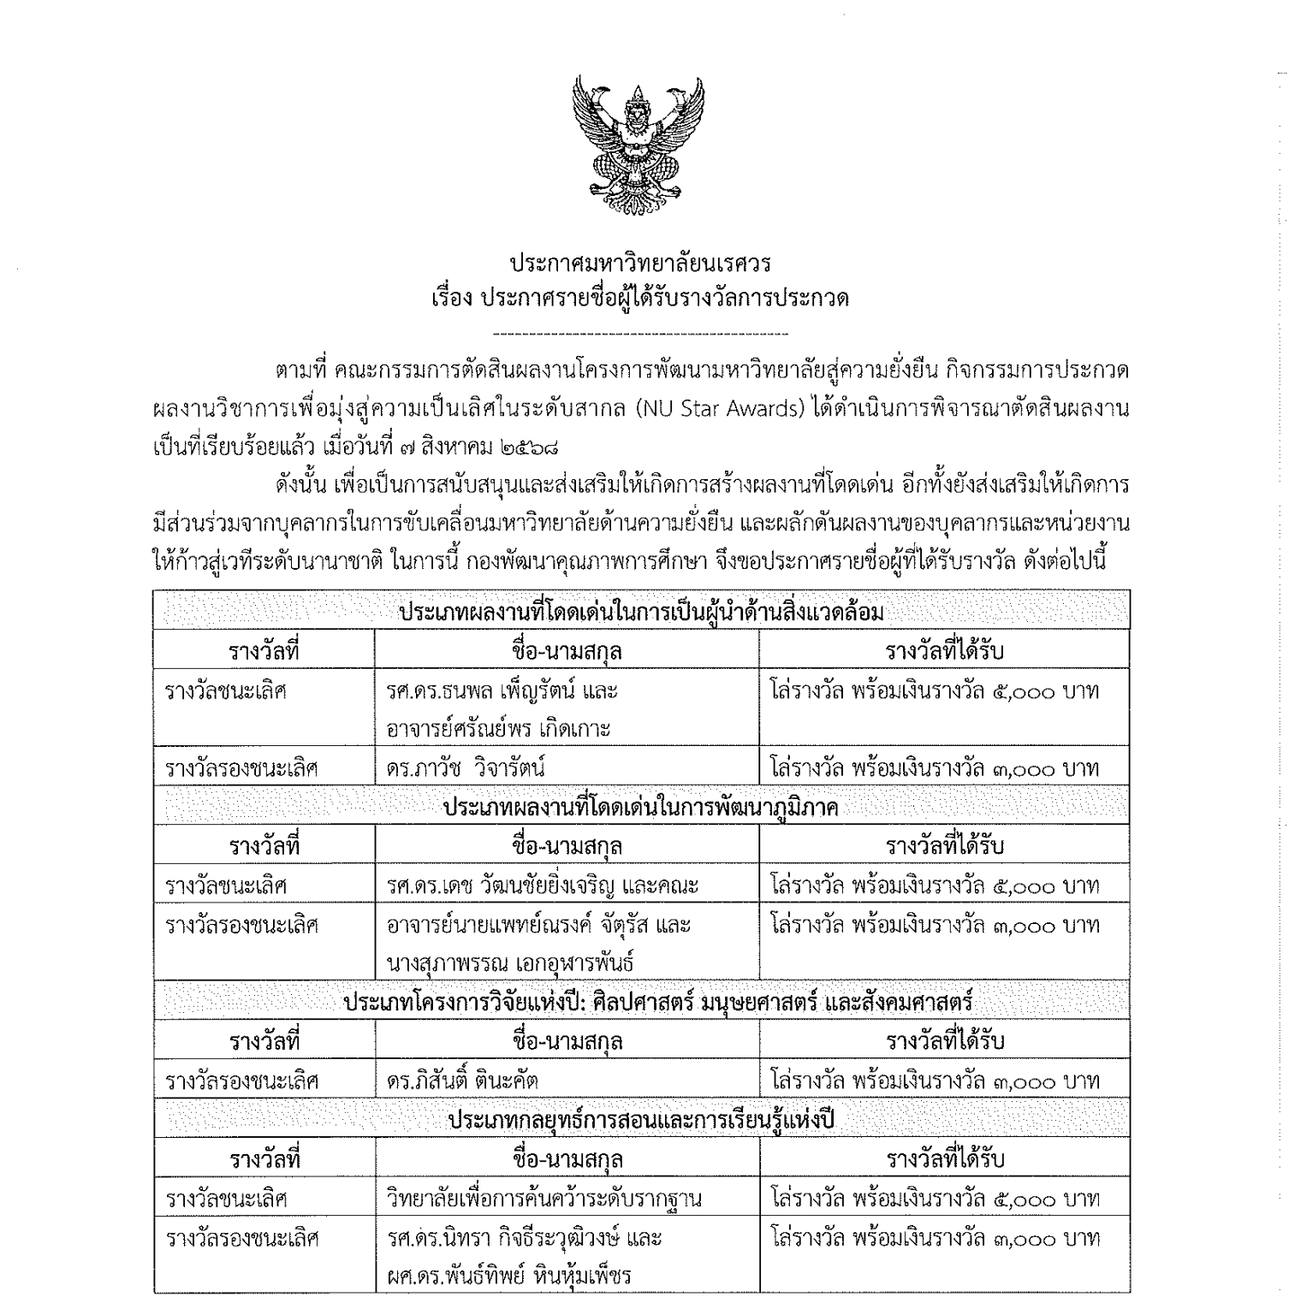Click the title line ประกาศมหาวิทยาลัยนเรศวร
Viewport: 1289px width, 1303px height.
pyautogui.click(x=640, y=261)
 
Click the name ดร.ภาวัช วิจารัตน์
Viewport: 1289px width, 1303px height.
pyautogui.click(x=466, y=767)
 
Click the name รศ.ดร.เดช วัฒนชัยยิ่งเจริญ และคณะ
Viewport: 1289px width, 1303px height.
pyautogui.click(x=543, y=885)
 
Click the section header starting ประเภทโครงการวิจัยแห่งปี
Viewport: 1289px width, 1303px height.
pyautogui.click(x=658, y=1001)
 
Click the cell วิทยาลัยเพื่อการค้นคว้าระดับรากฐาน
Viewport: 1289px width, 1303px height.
pyautogui.click(x=544, y=1198)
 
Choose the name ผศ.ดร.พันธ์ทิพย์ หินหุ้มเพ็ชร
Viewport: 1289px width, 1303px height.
pyautogui.click(x=508, y=1276)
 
